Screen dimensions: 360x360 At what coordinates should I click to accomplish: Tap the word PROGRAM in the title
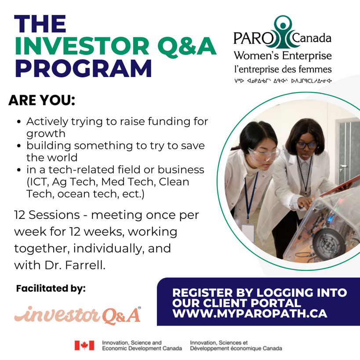pos(83,69)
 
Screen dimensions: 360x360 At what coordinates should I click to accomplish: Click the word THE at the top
pos(40,24)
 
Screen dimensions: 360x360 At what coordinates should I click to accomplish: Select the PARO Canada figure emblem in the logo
pos(283,32)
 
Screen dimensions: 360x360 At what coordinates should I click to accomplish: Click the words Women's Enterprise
pos(283,56)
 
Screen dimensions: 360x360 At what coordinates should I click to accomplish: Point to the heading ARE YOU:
pos(42,100)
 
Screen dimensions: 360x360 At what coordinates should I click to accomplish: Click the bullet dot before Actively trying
pos(19,122)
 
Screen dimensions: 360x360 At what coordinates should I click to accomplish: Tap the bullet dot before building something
pos(19,146)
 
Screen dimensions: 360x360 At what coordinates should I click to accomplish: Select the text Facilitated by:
pos(51,289)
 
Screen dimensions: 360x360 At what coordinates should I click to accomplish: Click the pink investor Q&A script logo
pos(77,315)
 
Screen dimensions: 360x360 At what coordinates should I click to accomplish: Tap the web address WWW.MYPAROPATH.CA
pos(250,313)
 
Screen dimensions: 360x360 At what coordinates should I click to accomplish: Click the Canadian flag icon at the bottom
pos(84,345)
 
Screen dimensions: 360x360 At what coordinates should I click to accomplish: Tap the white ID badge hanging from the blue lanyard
pos(248,232)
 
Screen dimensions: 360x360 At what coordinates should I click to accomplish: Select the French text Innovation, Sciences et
pos(219,342)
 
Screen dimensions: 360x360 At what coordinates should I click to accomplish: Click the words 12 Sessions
pos(47,215)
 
